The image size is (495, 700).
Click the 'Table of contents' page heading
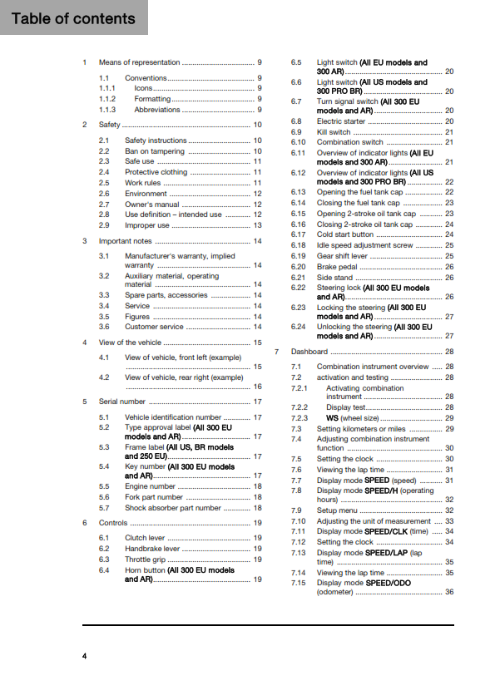tap(73, 18)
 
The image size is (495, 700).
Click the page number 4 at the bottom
tap(85, 657)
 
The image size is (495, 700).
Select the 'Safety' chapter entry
tap(110, 125)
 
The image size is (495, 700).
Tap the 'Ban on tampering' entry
tap(155, 151)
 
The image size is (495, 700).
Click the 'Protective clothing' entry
tap(156, 172)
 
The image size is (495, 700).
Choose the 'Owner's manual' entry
tap(152, 204)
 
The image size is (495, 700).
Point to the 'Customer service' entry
tap(156, 327)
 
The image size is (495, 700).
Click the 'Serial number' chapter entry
tap(122, 402)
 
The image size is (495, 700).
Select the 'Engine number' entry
tap(150, 486)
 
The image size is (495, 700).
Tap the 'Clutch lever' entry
tap(146, 538)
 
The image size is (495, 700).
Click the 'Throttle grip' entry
tap(146, 560)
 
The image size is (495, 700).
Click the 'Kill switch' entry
tap(334, 132)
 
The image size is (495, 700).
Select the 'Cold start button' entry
tap(345, 234)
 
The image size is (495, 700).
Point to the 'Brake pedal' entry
tap(336, 267)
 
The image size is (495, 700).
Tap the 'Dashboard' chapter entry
tap(309, 352)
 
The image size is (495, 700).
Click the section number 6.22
tap(299, 288)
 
